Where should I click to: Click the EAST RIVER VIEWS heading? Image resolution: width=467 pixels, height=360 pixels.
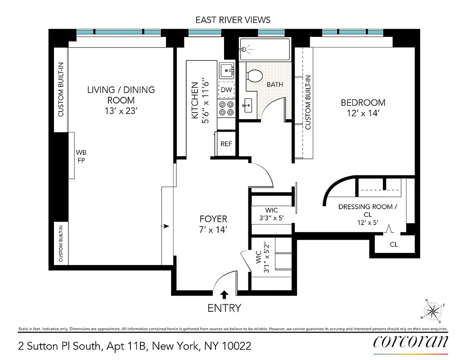233,20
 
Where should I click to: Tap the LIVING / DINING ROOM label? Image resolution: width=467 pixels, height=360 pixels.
121,94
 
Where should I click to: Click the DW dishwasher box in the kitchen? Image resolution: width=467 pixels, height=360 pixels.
226,90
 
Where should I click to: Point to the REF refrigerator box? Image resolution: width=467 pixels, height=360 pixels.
226,144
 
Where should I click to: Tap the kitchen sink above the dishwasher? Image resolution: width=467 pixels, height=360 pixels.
227,71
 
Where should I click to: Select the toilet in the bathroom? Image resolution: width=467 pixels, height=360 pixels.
255,75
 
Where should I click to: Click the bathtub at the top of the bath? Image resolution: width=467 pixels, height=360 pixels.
265,48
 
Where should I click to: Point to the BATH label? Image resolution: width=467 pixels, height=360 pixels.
274,85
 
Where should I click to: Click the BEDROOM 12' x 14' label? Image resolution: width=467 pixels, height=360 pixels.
363,108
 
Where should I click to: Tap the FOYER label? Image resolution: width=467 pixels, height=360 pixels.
213,224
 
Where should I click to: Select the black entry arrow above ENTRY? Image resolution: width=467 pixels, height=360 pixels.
224,294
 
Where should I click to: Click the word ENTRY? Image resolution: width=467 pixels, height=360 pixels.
224,308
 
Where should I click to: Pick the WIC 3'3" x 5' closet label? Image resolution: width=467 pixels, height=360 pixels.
271,214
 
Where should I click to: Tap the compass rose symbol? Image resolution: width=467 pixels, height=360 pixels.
433,310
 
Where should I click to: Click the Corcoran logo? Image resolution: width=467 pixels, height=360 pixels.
410,341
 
